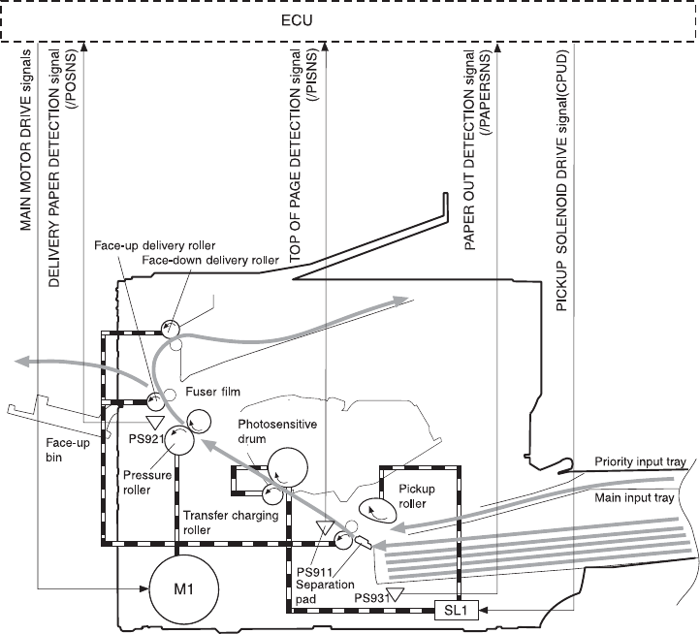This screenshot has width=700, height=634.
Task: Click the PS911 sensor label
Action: click(313, 546)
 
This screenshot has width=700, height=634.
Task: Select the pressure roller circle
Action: click(180, 442)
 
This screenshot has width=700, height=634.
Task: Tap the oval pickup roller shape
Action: click(377, 508)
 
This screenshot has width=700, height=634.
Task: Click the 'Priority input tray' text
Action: click(642, 461)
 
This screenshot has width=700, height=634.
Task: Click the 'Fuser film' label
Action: click(214, 392)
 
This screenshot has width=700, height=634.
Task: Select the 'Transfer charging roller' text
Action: click(230, 523)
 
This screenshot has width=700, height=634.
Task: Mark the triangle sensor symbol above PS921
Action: click(152, 422)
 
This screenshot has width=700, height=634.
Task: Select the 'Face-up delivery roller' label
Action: click(155, 244)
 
